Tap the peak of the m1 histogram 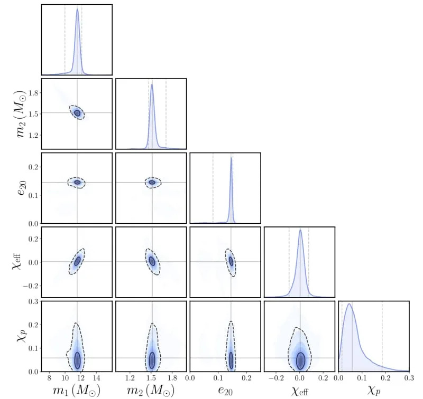tap(77, 8)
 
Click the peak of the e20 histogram tap(231, 157)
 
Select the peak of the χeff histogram tap(300, 230)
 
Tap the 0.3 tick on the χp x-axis tap(408, 378)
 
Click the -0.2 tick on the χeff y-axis tap(30, 286)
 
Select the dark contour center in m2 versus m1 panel tap(77, 112)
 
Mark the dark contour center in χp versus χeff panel tap(300, 360)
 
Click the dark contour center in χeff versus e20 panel tap(231, 261)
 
